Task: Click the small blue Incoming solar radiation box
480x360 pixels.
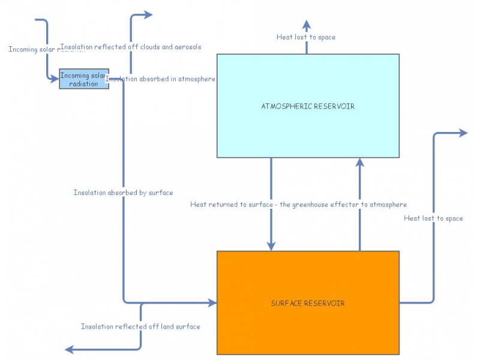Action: (x=83, y=79)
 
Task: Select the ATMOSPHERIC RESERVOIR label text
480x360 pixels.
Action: (x=308, y=106)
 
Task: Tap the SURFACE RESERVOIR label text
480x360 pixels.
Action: (x=308, y=303)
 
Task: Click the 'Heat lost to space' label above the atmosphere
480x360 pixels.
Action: (x=306, y=37)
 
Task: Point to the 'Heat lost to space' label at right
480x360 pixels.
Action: (x=433, y=218)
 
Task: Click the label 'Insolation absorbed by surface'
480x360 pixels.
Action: (x=123, y=193)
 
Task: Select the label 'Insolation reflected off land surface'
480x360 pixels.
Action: (x=140, y=326)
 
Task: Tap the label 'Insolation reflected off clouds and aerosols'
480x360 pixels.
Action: (x=131, y=47)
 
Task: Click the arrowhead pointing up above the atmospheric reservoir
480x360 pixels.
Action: (x=307, y=25)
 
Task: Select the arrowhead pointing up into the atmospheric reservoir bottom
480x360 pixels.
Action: (x=360, y=162)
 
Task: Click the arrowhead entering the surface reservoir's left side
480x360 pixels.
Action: (x=212, y=303)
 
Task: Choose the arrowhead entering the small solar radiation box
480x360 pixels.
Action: (x=55, y=78)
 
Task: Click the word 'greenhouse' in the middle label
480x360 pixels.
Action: (x=310, y=205)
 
